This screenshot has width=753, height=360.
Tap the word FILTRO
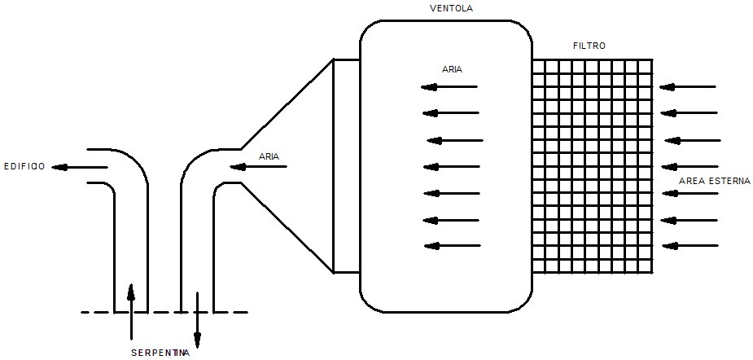tap(589, 46)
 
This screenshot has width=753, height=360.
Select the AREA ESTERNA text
tap(715, 181)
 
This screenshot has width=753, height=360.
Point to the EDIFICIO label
tap(24, 167)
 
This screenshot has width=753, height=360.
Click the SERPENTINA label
tap(160, 353)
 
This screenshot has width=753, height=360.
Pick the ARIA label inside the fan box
tap(452, 69)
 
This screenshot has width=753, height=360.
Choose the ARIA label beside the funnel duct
tap(269, 156)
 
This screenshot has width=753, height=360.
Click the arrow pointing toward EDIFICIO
tap(79, 167)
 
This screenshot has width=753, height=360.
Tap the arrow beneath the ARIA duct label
tap(258, 167)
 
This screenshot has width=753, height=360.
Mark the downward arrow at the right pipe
tap(197, 319)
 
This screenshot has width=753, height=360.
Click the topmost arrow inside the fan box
tap(449, 87)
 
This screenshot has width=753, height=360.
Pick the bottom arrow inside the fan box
tap(453, 246)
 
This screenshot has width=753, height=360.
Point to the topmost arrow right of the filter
tap(688, 87)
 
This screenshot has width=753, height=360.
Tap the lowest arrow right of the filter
tap(690, 246)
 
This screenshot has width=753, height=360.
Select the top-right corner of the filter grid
tap(652, 59)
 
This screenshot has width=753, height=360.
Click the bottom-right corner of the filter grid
tap(652, 273)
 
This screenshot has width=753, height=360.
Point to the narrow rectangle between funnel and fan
tap(346, 166)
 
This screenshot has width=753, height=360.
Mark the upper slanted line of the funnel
tap(287, 104)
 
